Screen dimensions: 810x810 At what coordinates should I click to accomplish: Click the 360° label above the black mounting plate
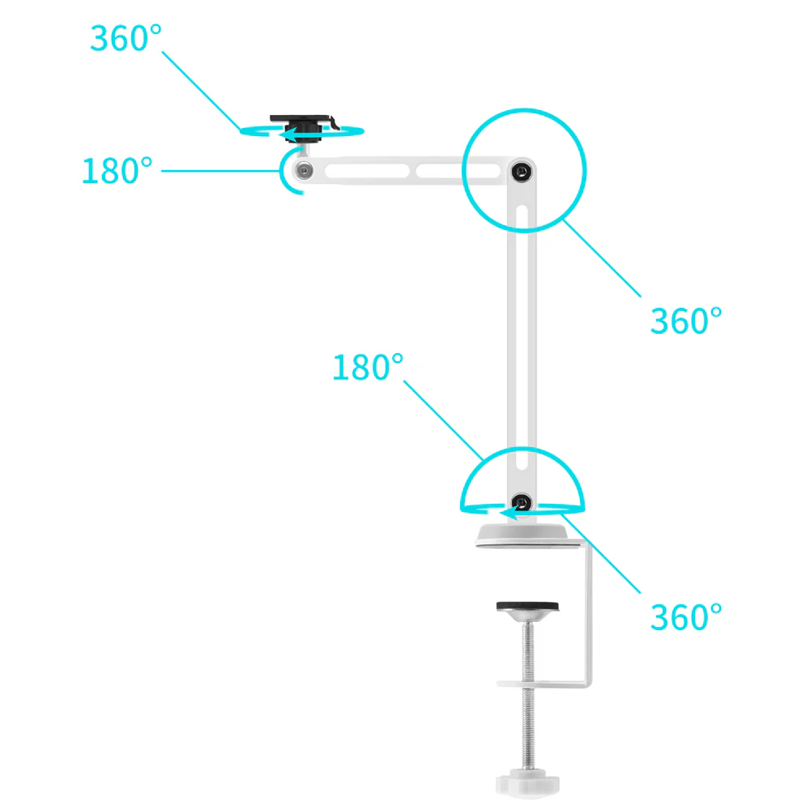pos(126,38)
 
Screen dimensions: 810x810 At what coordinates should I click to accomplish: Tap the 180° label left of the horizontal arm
pos(117,171)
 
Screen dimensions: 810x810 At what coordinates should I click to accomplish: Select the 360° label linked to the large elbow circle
pos(685,321)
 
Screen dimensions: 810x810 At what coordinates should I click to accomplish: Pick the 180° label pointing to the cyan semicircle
pos(367,367)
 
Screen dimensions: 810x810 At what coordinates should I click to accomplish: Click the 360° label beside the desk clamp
pos(685,616)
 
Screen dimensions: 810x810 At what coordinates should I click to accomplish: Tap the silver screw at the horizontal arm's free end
pos(305,170)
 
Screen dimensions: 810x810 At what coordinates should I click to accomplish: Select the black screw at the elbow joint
pos(522,171)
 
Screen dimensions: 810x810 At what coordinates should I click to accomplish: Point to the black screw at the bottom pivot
pos(521,502)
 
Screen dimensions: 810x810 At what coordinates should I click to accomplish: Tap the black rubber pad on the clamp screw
pos(527,607)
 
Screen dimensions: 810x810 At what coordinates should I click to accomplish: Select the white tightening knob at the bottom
pos(527,783)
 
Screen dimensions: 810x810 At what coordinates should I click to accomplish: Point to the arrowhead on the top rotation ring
pos(288,134)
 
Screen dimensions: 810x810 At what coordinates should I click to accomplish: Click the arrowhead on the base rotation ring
pos(509,513)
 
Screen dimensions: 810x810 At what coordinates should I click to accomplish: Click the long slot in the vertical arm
pos(522,339)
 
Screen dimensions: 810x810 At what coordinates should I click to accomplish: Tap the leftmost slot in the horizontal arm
pos(367,171)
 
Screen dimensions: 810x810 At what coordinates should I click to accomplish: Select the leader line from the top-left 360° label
pos(202,91)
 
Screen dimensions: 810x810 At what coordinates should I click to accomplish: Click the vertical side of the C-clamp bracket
pos(588,615)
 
